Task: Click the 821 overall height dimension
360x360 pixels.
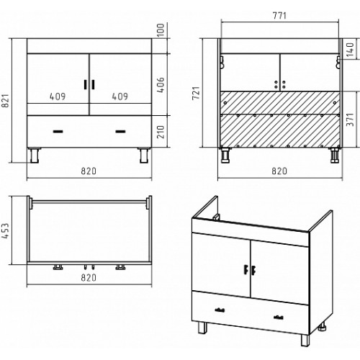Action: coord(6,101)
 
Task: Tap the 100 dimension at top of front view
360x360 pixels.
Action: coord(161,30)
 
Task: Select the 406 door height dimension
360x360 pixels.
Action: coord(161,85)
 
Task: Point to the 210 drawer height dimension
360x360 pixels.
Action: coord(161,132)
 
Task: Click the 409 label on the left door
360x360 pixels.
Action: coord(58,96)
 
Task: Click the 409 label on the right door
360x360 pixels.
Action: coord(120,96)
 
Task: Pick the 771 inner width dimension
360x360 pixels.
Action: coord(279,16)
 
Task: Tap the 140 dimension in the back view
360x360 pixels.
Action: coord(351,50)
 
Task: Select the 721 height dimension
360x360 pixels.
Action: coord(196,94)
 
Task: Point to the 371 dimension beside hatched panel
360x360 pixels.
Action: coord(351,120)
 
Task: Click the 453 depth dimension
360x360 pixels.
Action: coord(5,230)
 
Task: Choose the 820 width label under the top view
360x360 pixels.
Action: coord(89,278)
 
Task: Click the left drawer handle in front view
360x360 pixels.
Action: coord(58,131)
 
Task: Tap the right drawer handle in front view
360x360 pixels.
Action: coord(120,131)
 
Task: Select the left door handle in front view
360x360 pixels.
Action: coord(85,84)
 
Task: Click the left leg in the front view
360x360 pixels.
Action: coord(35,156)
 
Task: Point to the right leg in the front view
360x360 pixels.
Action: coord(144,156)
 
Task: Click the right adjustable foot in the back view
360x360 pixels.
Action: coord(334,156)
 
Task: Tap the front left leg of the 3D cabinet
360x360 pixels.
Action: coord(203,328)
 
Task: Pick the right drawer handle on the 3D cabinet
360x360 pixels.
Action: coord(279,318)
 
